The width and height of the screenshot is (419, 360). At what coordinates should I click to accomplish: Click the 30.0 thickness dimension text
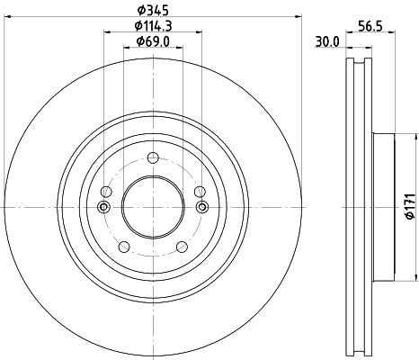[x=326, y=42]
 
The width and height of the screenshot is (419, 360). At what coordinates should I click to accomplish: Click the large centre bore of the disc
[x=152, y=206]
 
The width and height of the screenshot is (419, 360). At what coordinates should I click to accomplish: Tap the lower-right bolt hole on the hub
[x=181, y=246]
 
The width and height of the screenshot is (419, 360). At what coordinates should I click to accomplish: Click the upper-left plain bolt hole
[x=106, y=192]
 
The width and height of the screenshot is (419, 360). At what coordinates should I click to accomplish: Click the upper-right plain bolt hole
[x=198, y=192]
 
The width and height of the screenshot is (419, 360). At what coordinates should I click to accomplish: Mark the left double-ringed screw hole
[x=103, y=208]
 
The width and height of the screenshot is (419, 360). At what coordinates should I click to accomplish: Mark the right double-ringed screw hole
[x=201, y=208]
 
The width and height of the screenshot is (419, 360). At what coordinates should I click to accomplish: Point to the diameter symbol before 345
[x=140, y=11]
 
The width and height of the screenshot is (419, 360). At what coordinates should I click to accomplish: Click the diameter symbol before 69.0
[x=140, y=41]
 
